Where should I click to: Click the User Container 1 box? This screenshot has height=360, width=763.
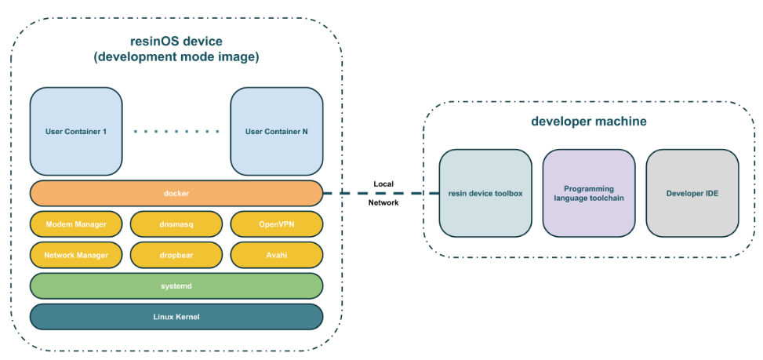pos(76,131)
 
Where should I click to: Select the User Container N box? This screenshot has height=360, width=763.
pos(276,131)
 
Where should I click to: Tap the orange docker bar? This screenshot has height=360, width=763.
pos(176,193)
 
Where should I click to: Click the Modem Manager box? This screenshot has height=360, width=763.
pos(76,224)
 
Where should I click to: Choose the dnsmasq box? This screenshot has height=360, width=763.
pos(176,224)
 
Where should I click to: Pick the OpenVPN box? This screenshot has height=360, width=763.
pos(276,224)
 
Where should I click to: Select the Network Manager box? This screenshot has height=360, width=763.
pos(76,255)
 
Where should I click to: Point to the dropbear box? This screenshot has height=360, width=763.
pos(176,255)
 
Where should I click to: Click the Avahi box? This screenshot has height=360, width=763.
pos(276,255)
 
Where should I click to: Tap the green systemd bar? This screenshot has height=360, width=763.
pos(176,286)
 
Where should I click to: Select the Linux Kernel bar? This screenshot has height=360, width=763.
pos(176,317)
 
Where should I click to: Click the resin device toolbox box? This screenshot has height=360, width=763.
pos(485,193)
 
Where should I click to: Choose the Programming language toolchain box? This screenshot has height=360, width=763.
pos(589,193)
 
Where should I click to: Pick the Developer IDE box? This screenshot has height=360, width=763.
pos(692,193)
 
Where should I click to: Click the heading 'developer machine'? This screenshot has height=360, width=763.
pos(589,121)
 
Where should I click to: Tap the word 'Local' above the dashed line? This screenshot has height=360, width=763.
pos(383,184)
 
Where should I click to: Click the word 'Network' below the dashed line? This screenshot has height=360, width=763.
pos(383,203)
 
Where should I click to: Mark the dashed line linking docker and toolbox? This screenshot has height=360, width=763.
pos(381,194)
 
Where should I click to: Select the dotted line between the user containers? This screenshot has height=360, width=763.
pos(176,131)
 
